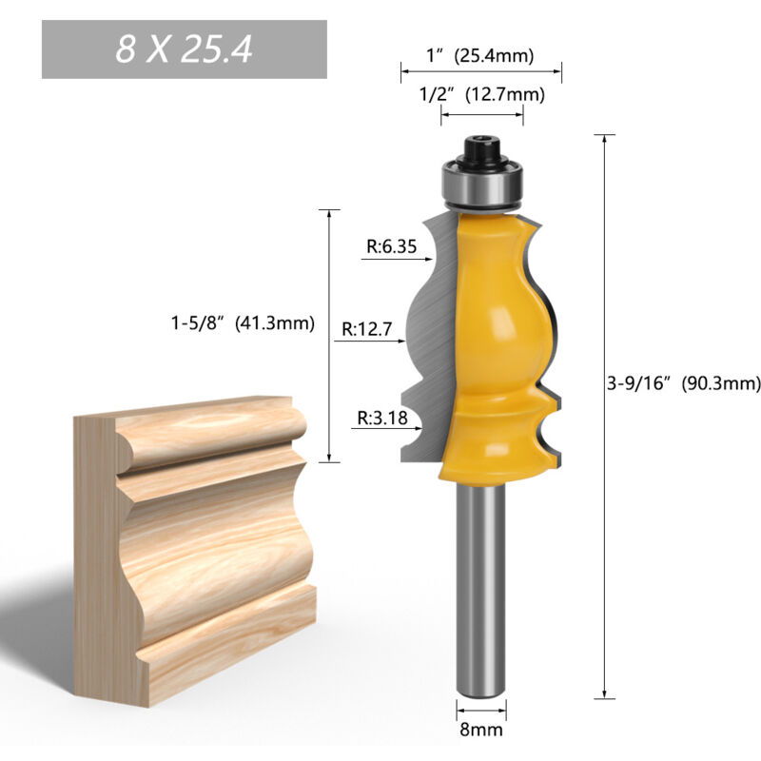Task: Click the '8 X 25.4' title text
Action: coord(184,49)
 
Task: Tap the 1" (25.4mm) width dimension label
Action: coord(480,56)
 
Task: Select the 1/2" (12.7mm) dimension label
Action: coord(481,93)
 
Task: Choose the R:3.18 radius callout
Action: coord(379,417)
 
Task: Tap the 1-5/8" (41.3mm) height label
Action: coord(236,322)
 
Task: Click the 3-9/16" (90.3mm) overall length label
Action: coord(684,384)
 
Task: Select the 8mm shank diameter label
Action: coord(481,731)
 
